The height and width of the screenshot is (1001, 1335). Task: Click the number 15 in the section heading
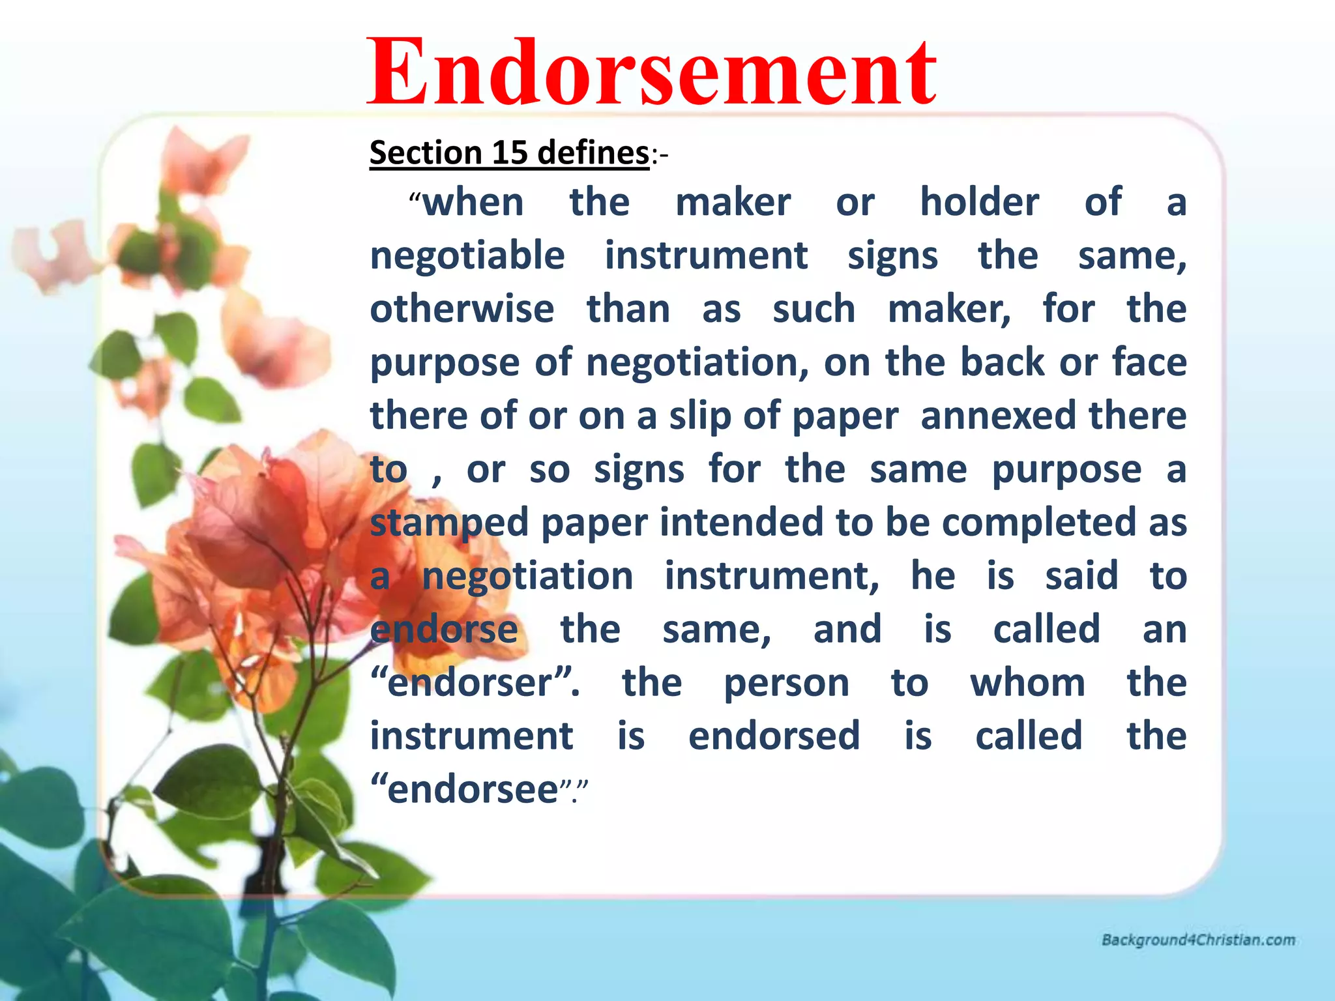coord(509,152)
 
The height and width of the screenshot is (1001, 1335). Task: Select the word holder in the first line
coord(979,202)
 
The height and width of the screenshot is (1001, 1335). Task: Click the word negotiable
coord(467,255)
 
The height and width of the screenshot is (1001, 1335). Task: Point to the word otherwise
coord(462,309)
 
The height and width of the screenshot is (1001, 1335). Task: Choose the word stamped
coord(449,523)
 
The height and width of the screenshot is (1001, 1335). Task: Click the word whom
coord(1027,683)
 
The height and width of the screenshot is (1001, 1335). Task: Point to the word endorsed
coord(774,736)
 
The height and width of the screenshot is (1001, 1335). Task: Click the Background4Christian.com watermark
coord(1198,940)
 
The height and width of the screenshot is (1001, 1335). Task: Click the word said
coord(1081,576)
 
